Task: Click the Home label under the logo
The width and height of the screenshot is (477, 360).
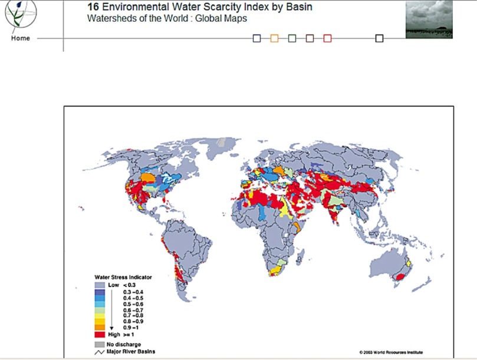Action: pyautogui.click(x=19, y=39)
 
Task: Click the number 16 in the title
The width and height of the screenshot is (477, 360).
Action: pyautogui.click(x=93, y=7)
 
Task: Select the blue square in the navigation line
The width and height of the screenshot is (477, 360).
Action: pyautogui.click(x=256, y=38)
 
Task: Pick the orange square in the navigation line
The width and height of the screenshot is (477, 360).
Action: pyautogui.click(x=274, y=38)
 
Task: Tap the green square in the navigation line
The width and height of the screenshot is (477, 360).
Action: pyautogui.click(x=292, y=38)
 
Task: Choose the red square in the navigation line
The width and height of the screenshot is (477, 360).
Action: pyautogui.click(x=328, y=38)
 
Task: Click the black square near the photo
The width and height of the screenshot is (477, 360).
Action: pyautogui.click(x=379, y=38)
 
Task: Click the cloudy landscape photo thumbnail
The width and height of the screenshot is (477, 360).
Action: pyautogui.click(x=429, y=19)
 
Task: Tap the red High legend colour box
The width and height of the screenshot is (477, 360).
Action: pyautogui.click(x=99, y=334)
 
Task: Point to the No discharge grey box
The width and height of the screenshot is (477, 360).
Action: pyautogui.click(x=99, y=344)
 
